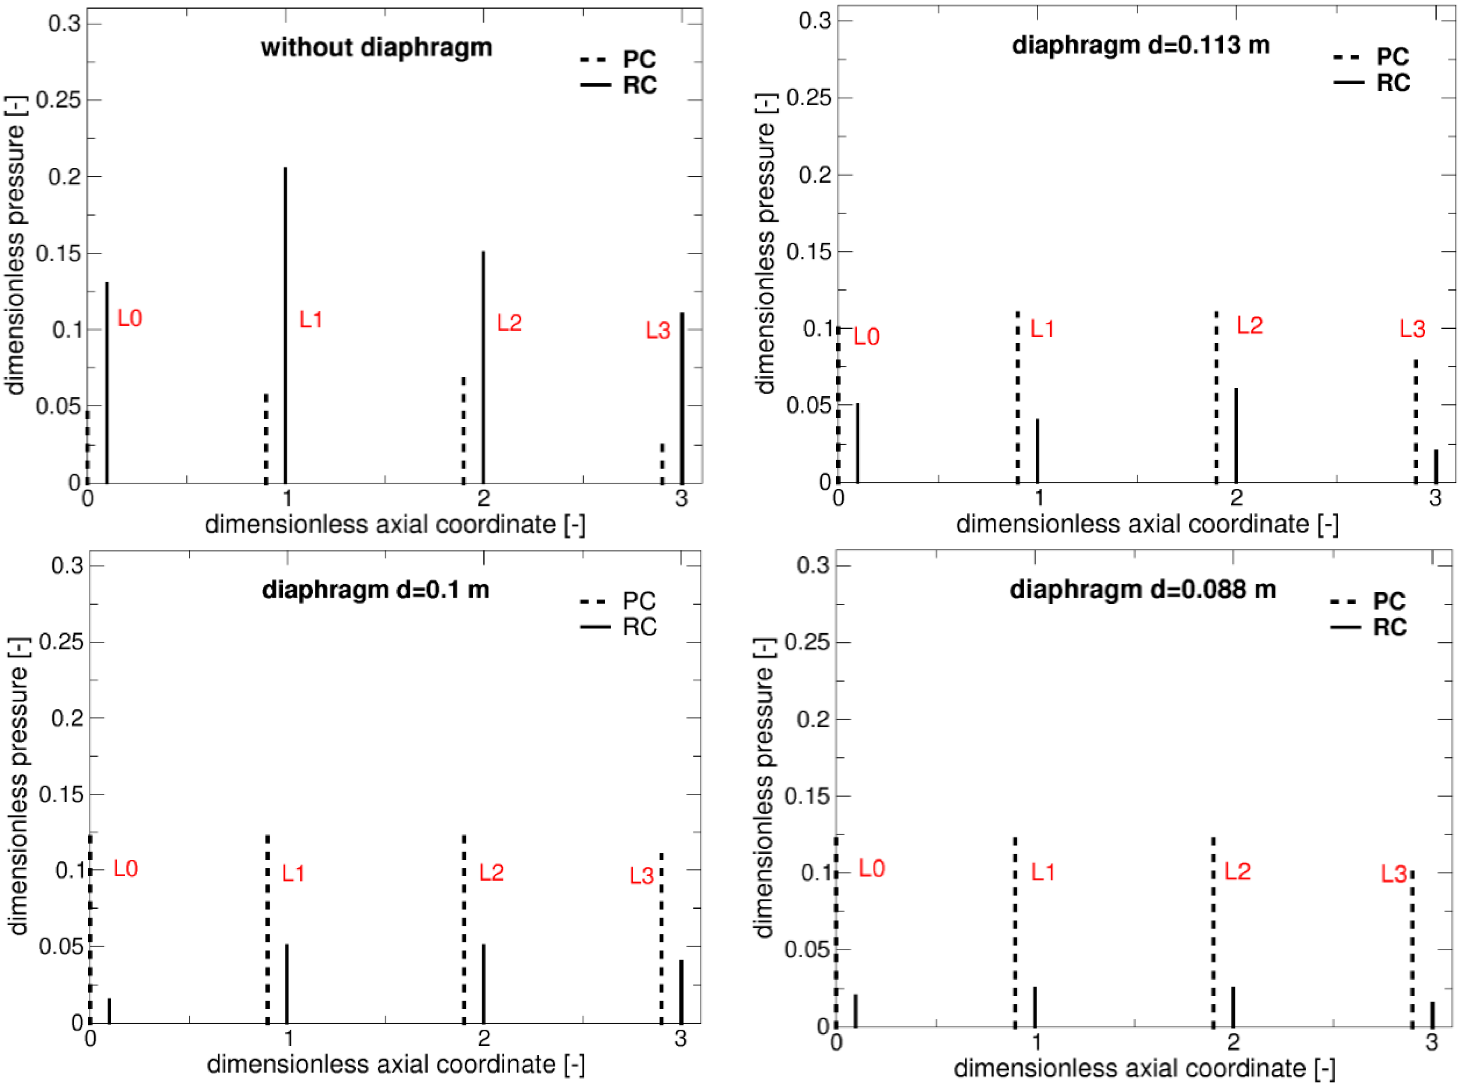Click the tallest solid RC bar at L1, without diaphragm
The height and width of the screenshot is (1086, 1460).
tap(285, 325)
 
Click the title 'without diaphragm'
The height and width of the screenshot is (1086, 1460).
tap(377, 47)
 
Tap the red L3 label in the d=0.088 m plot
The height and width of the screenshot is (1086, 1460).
tap(1394, 874)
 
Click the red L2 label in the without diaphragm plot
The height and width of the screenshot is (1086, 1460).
tap(509, 323)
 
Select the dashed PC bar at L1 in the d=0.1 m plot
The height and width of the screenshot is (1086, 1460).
tap(268, 928)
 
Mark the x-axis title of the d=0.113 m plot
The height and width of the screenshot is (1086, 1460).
tap(1146, 524)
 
